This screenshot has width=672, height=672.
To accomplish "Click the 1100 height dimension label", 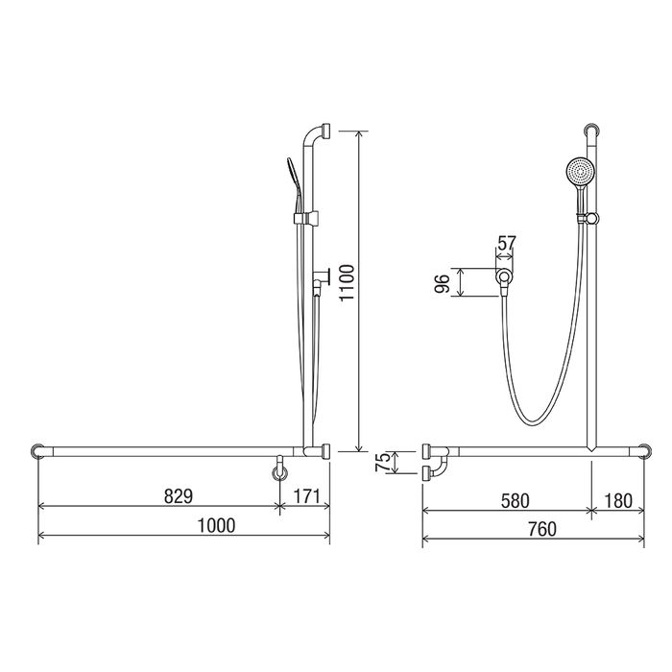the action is point(348,283).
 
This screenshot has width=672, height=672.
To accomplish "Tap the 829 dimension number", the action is point(179,496).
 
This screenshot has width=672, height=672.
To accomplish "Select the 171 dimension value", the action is point(307,496).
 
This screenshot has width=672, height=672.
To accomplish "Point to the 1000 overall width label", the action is point(216,525).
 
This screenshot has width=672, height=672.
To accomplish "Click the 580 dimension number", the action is point(516,500).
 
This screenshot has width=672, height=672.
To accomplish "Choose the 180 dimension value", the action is point(618,500).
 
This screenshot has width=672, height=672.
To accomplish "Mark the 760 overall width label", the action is point(542,529).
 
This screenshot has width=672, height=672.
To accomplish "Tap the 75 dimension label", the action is point(383,462).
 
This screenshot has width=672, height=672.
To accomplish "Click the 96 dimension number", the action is point(442,283).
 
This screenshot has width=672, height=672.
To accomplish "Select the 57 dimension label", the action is point(506,243).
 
